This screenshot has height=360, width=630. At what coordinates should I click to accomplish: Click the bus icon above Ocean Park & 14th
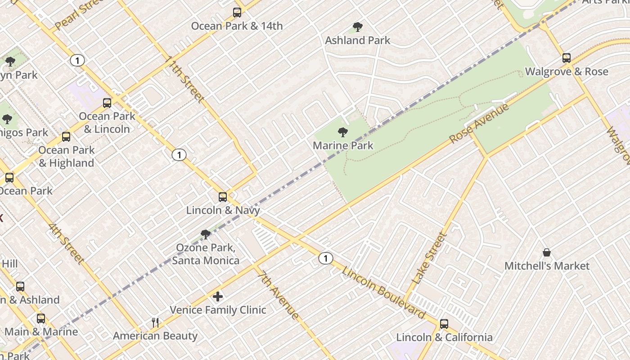237,13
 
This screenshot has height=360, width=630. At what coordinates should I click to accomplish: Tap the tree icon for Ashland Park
358,27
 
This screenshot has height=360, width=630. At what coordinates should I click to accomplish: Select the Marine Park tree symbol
343,132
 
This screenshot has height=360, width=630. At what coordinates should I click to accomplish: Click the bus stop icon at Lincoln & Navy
223,197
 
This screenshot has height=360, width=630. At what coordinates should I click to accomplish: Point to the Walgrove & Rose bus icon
567,58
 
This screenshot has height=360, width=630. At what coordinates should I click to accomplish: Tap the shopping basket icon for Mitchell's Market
547,252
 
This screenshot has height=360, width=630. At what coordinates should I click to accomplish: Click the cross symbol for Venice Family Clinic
218,297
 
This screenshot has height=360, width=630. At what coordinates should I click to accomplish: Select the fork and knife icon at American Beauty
155,322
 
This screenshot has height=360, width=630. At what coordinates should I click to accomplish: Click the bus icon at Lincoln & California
444,324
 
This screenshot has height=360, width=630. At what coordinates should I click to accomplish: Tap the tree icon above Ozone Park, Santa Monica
206,234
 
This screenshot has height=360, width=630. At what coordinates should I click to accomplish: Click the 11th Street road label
185,79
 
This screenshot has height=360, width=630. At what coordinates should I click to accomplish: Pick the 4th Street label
66,243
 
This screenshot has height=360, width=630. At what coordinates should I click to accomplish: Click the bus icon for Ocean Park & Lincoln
107,103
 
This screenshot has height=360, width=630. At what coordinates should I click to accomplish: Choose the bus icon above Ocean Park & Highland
66,137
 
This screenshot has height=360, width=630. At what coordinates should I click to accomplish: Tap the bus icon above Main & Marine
41,319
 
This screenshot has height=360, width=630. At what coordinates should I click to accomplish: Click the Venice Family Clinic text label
218,310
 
